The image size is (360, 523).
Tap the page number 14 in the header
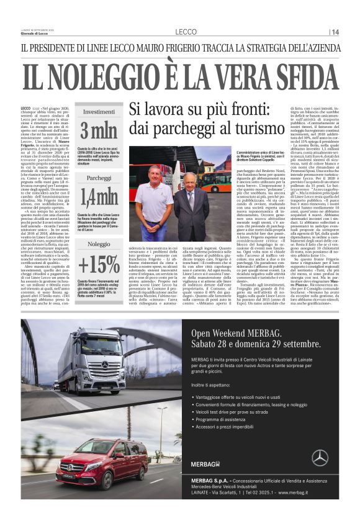click(x=335, y=32)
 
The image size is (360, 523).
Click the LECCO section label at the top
click(x=186, y=32)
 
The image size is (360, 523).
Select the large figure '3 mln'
click(x=98, y=131)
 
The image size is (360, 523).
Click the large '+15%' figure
click(x=99, y=263)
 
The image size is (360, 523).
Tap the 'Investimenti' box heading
click(x=99, y=112)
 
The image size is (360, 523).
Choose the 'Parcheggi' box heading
click(x=99, y=178)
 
